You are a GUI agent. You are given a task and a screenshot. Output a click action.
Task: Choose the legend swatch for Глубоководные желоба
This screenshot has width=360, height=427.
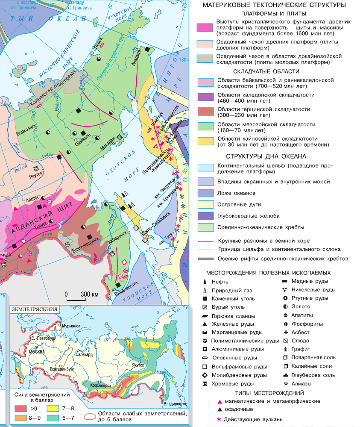204,215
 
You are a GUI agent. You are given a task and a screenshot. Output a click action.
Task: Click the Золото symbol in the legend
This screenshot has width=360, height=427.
285,306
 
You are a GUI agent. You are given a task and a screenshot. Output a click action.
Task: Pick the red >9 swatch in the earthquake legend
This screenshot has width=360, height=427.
21,409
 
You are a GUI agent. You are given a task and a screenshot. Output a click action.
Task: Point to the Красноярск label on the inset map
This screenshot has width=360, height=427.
100,385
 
